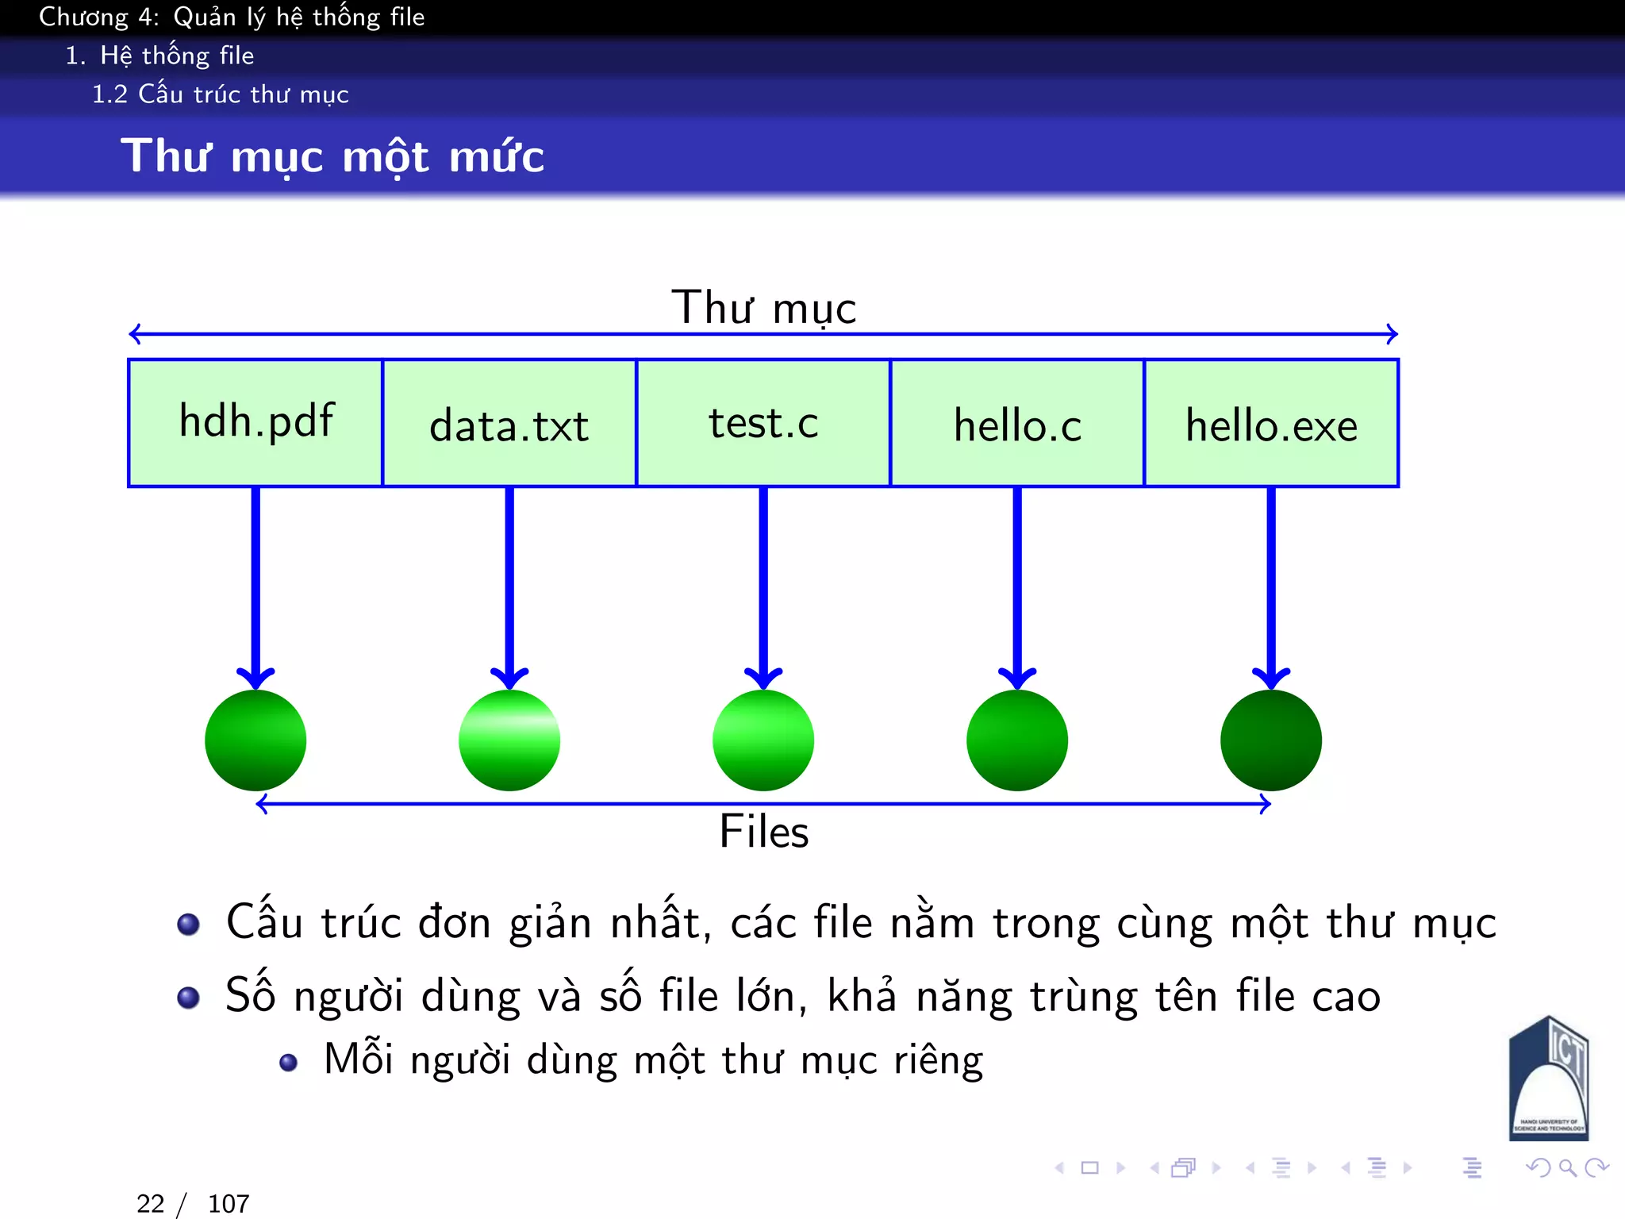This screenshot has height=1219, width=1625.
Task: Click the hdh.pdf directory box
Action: (x=255, y=422)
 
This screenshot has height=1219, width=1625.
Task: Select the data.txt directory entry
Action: (x=509, y=422)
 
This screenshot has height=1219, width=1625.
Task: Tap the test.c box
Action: (x=763, y=422)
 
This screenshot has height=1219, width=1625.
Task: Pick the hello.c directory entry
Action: (x=1017, y=422)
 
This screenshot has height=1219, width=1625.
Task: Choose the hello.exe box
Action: (x=1271, y=422)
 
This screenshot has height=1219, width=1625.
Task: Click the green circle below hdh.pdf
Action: (x=255, y=740)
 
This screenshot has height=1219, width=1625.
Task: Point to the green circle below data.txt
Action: (x=509, y=740)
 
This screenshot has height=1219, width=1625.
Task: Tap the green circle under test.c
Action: (x=763, y=740)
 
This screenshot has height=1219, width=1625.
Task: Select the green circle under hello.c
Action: (x=1017, y=740)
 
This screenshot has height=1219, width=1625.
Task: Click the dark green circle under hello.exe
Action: (x=1271, y=740)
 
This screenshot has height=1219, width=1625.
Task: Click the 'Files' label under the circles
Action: (x=763, y=832)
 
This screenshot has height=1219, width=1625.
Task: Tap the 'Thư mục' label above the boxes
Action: (x=763, y=308)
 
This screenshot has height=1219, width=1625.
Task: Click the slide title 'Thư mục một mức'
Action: (x=332, y=156)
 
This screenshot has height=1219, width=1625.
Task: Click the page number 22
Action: (x=150, y=1204)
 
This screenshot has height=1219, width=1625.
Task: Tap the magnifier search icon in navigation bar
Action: (x=1567, y=1167)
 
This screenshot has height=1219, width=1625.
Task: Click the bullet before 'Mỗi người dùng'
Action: (x=289, y=1062)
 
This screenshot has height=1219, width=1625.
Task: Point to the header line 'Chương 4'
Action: (x=232, y=17)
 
